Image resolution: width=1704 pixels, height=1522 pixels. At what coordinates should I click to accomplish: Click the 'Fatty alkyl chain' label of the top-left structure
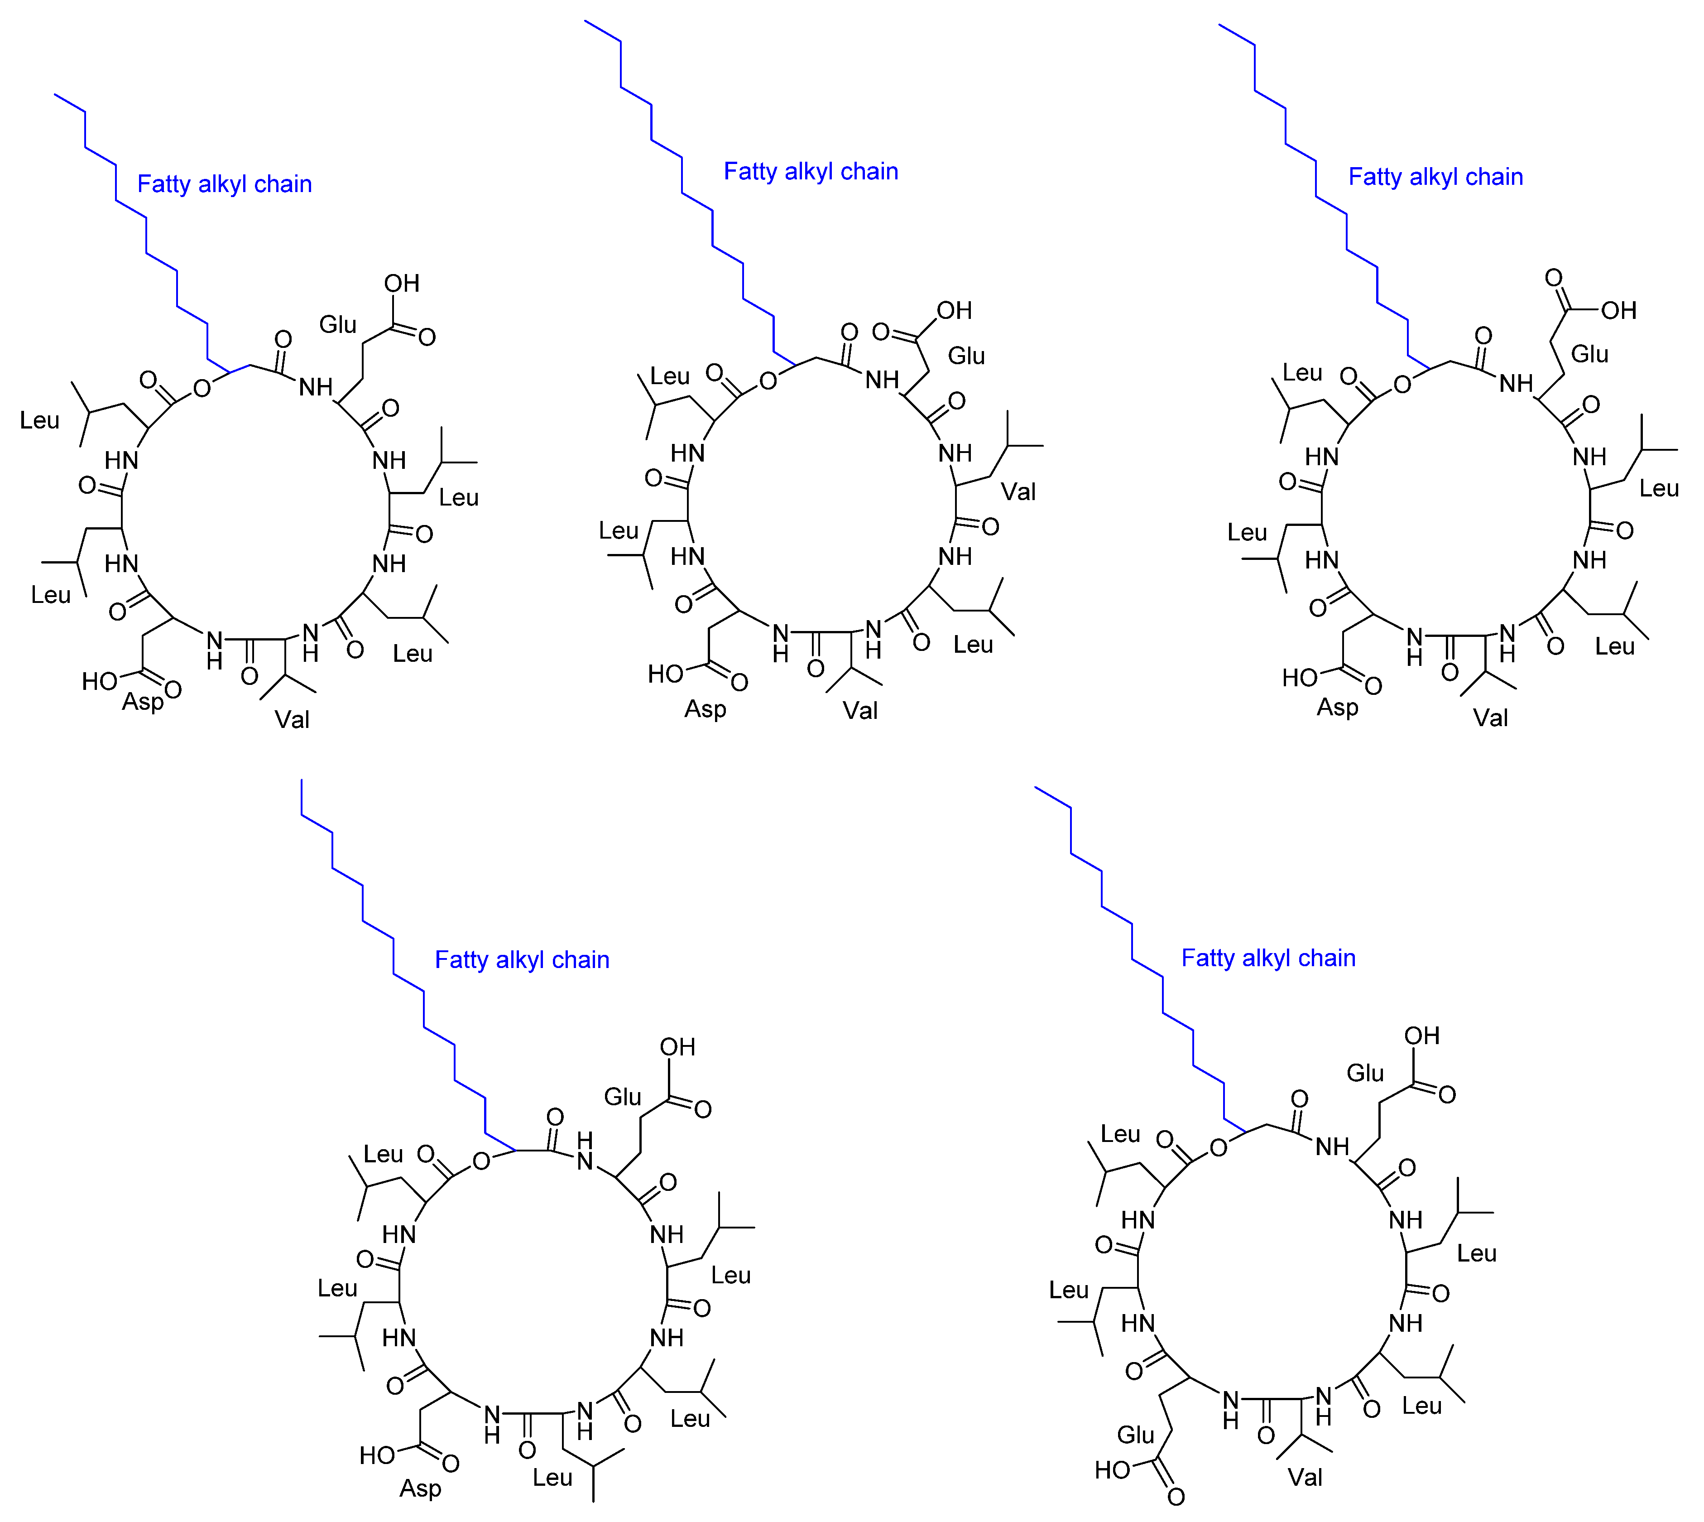[x=224, y=184]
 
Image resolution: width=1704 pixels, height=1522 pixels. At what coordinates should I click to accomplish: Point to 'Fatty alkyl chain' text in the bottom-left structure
[x=522, y=960]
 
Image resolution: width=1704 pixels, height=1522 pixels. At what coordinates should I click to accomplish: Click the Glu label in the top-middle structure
[x=966, y=356]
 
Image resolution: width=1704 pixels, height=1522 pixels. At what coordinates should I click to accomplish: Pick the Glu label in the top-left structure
[x=338, y=324]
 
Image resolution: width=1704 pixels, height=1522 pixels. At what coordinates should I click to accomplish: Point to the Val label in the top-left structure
[x=292, y=719]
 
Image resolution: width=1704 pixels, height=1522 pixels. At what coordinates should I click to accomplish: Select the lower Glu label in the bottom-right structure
[x=1135, y=1435]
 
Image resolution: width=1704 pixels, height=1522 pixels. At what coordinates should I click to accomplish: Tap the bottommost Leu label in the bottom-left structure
[x=552, y=1478]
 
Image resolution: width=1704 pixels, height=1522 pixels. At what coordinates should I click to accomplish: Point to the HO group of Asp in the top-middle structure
[x=666, y=674]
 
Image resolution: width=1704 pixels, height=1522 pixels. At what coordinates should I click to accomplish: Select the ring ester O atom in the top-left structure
[x=202, y=389]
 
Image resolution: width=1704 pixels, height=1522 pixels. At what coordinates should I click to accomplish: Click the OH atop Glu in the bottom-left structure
[x=677, y=1047]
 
